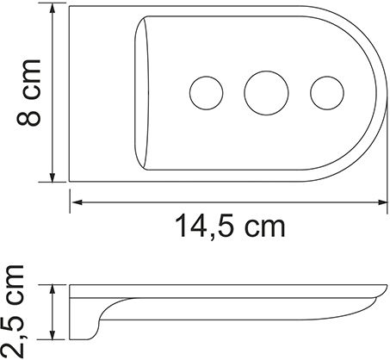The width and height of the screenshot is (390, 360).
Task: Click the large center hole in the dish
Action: [262, 90]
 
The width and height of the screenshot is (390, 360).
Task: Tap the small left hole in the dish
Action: [203, 90]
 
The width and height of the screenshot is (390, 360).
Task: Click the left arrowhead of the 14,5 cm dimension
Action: [75, 203]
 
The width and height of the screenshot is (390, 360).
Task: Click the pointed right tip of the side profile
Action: [383, 289]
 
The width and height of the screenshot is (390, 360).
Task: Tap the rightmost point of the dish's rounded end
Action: [384, 95]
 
